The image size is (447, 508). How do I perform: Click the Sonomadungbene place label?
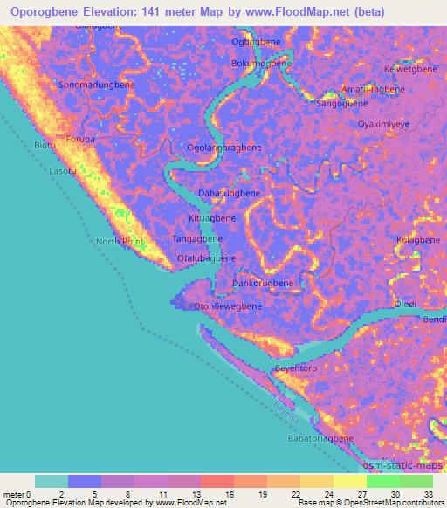96,86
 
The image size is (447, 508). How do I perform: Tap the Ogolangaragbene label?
224,148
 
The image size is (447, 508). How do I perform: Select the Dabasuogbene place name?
230,193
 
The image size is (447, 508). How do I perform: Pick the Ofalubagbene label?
207,258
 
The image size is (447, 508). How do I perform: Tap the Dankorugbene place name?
262,284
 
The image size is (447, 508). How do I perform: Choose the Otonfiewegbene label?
227,306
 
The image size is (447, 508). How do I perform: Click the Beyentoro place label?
295,369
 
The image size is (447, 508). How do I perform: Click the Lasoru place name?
63,172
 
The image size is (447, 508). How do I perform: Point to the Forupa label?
81,139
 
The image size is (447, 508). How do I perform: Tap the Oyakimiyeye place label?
384,125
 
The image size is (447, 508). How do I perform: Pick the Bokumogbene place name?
260,64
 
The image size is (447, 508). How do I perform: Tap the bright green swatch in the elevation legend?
382,481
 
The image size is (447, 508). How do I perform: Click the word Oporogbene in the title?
45,11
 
